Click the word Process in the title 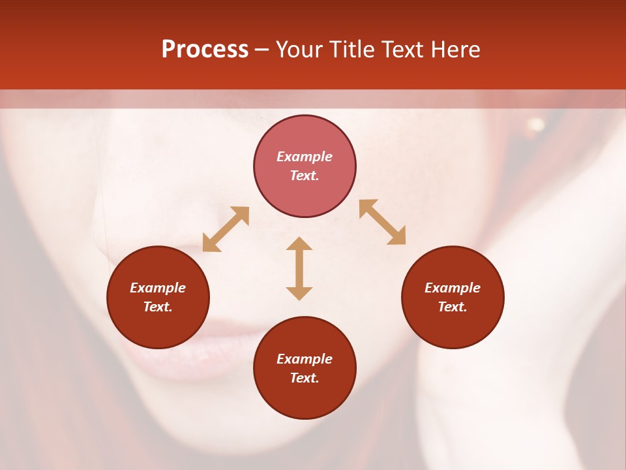pos(205,50)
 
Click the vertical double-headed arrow pos(299,268)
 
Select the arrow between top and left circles pos(226,229)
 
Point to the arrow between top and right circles pos(382,222)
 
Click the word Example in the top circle pos(305,157)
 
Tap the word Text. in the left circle pos(158,307)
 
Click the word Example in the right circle pos(453,288)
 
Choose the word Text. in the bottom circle pos(305,378)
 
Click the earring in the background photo pos(536,124)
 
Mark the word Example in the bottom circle pos(305,359)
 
